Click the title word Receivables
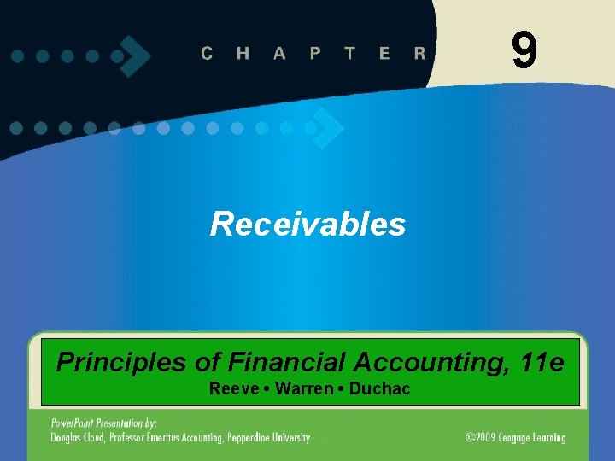[307, 225]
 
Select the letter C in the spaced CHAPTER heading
[208, 53]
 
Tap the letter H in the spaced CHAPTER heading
[243, 53]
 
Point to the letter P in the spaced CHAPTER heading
[315, 53]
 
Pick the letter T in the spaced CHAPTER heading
[349, 53]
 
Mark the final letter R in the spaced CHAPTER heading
[419, 53]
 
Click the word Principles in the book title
[121, 363]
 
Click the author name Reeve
[234, 389]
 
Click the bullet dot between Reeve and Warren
[265, 389]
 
